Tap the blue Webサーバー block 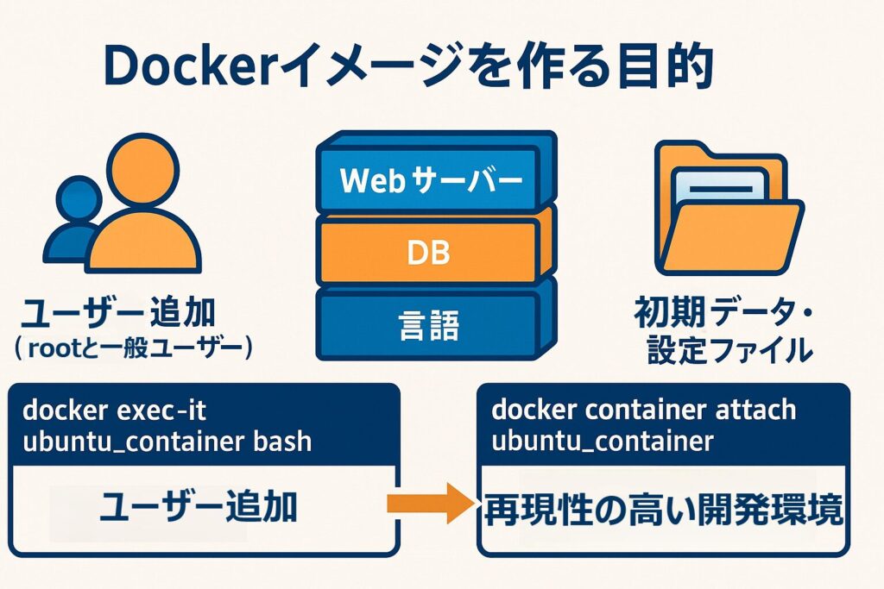click(x=431, y=180)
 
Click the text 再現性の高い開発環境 click(x=662, y=511)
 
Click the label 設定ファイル click(x=729, y=349)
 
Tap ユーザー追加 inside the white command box click(x=198, y=509)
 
